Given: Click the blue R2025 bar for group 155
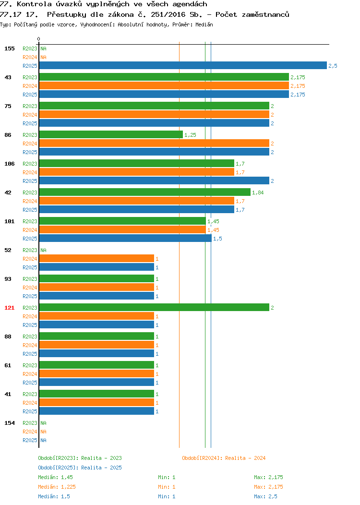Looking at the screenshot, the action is click(x=183, y=65).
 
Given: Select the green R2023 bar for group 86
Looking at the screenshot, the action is click(x=111, y=134).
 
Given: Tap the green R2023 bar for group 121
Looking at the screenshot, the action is click(x=154, y=307).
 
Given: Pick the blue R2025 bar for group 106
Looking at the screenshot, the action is click(x=154, y=180).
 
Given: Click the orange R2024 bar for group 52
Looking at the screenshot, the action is click(x=96, y=258).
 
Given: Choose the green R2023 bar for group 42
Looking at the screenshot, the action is click(x=145, y=192).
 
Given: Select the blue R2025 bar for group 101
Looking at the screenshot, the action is click(x=125, y=238).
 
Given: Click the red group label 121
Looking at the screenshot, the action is click(x=9, y=308).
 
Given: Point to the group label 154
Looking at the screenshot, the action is click(x=9, y=423).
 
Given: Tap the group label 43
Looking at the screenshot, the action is click(x=8, y=77).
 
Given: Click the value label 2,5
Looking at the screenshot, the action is click(x=333, y=66).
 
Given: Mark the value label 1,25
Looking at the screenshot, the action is click(x=190, y=135).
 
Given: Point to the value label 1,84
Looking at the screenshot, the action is click(x=258, y=192).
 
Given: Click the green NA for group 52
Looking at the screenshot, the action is click(x=44, y=250).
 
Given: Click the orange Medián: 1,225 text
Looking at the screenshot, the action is click(x=57, y=487).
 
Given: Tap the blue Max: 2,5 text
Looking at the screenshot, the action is click(x=265, y=496).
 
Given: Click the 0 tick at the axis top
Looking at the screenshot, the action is click(x=39, y=39).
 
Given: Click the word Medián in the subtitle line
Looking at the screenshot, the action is click(x=204, y=24).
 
